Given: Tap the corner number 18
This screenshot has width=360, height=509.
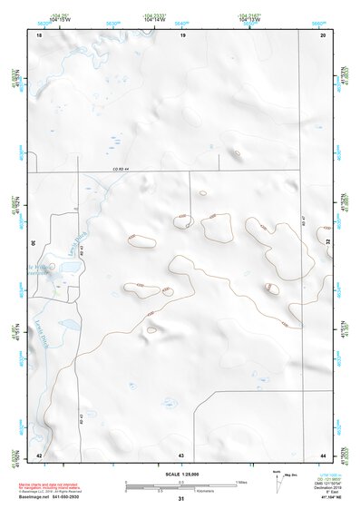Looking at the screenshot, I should click(39, 34).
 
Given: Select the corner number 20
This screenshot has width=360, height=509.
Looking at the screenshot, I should click(324, 34).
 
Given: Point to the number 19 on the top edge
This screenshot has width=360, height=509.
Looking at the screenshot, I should click(181, 34).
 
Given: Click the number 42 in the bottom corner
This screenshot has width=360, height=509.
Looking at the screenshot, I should click(38, 454).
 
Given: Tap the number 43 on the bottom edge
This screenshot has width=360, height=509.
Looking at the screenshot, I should click(181, 454).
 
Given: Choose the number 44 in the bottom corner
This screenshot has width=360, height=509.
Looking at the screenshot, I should click(323, 454).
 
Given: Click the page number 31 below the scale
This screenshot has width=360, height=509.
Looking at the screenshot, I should click(181, 499).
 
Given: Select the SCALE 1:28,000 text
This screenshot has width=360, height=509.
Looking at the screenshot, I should click(181, 474).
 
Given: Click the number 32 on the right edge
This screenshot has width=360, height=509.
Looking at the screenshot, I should click(327, 243).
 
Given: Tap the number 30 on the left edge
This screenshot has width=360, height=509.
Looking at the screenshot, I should click(34, 243).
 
